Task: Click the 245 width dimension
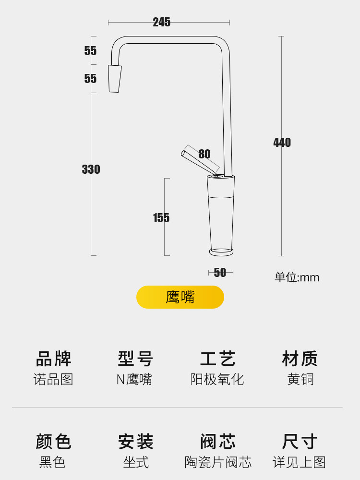[162, 22]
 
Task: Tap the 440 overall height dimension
[282, 143]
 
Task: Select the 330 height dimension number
[91, 169]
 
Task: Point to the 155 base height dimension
[161, 218]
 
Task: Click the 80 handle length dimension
[204, 154]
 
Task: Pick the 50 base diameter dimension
[220, 273]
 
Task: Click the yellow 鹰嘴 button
[180, 297]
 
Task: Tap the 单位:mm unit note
[297, 277]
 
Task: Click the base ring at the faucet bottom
[221, 252]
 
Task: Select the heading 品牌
[53, 359]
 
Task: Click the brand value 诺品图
[53, 379]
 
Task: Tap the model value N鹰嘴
[134, 379]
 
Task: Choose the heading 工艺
[217, 359]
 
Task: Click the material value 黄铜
[300, 379]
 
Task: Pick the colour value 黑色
[53, 462]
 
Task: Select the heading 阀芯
[217, 442]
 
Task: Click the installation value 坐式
[136, 462]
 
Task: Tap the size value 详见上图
[300, 462]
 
